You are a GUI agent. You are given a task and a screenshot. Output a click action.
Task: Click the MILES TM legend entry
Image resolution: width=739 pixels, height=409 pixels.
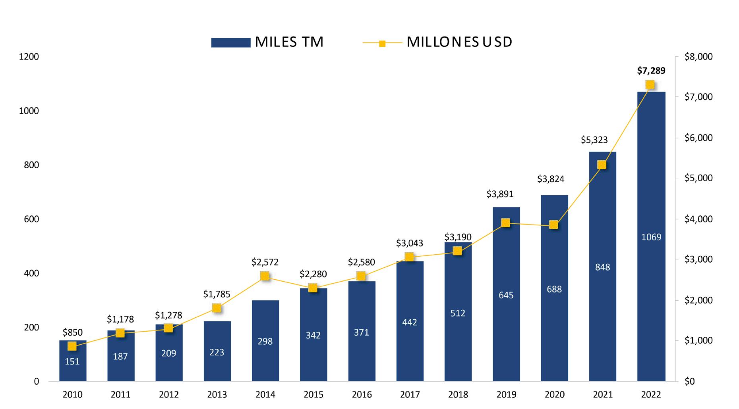coord(267,42)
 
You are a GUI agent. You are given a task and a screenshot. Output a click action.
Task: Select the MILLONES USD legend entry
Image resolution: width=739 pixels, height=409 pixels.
coord(437,42)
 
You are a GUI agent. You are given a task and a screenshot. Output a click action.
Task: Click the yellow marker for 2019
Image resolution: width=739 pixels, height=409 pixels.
coord(505,223)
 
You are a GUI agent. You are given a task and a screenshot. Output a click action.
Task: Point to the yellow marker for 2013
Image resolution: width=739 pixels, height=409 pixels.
coord(217,308)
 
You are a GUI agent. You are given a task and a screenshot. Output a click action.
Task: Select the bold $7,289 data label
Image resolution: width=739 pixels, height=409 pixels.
coord(651,71)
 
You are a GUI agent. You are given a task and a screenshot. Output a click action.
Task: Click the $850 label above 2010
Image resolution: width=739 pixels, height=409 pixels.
coord(72,332)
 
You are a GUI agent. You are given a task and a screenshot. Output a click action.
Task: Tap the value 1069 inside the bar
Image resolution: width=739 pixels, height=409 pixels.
coord(651,237)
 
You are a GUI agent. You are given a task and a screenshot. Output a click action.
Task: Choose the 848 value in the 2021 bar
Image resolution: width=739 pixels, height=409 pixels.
coord(602,267)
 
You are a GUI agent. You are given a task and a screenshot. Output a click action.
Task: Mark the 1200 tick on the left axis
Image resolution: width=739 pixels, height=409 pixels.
coord(29,57)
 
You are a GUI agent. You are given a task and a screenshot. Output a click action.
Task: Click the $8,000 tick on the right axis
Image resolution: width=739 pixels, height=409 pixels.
coord(698,57)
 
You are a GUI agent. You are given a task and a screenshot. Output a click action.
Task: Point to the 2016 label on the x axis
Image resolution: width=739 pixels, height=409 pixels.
coord(362,395)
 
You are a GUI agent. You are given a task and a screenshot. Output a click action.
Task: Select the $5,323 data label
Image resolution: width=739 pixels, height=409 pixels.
coord(594,140)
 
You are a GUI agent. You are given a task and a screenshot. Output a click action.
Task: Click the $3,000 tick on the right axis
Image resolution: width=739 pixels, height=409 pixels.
coord(698,259)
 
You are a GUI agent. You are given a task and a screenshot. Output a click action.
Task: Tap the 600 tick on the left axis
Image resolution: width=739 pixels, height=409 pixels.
coord(31,219)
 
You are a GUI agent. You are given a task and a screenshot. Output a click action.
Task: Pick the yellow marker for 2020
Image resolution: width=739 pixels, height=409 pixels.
coord(553,225)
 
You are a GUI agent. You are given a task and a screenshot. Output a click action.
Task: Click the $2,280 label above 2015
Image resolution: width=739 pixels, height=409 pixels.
coord(313,274)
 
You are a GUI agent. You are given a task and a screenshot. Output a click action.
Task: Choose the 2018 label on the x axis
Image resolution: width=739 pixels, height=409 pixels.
coord(458,395)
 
